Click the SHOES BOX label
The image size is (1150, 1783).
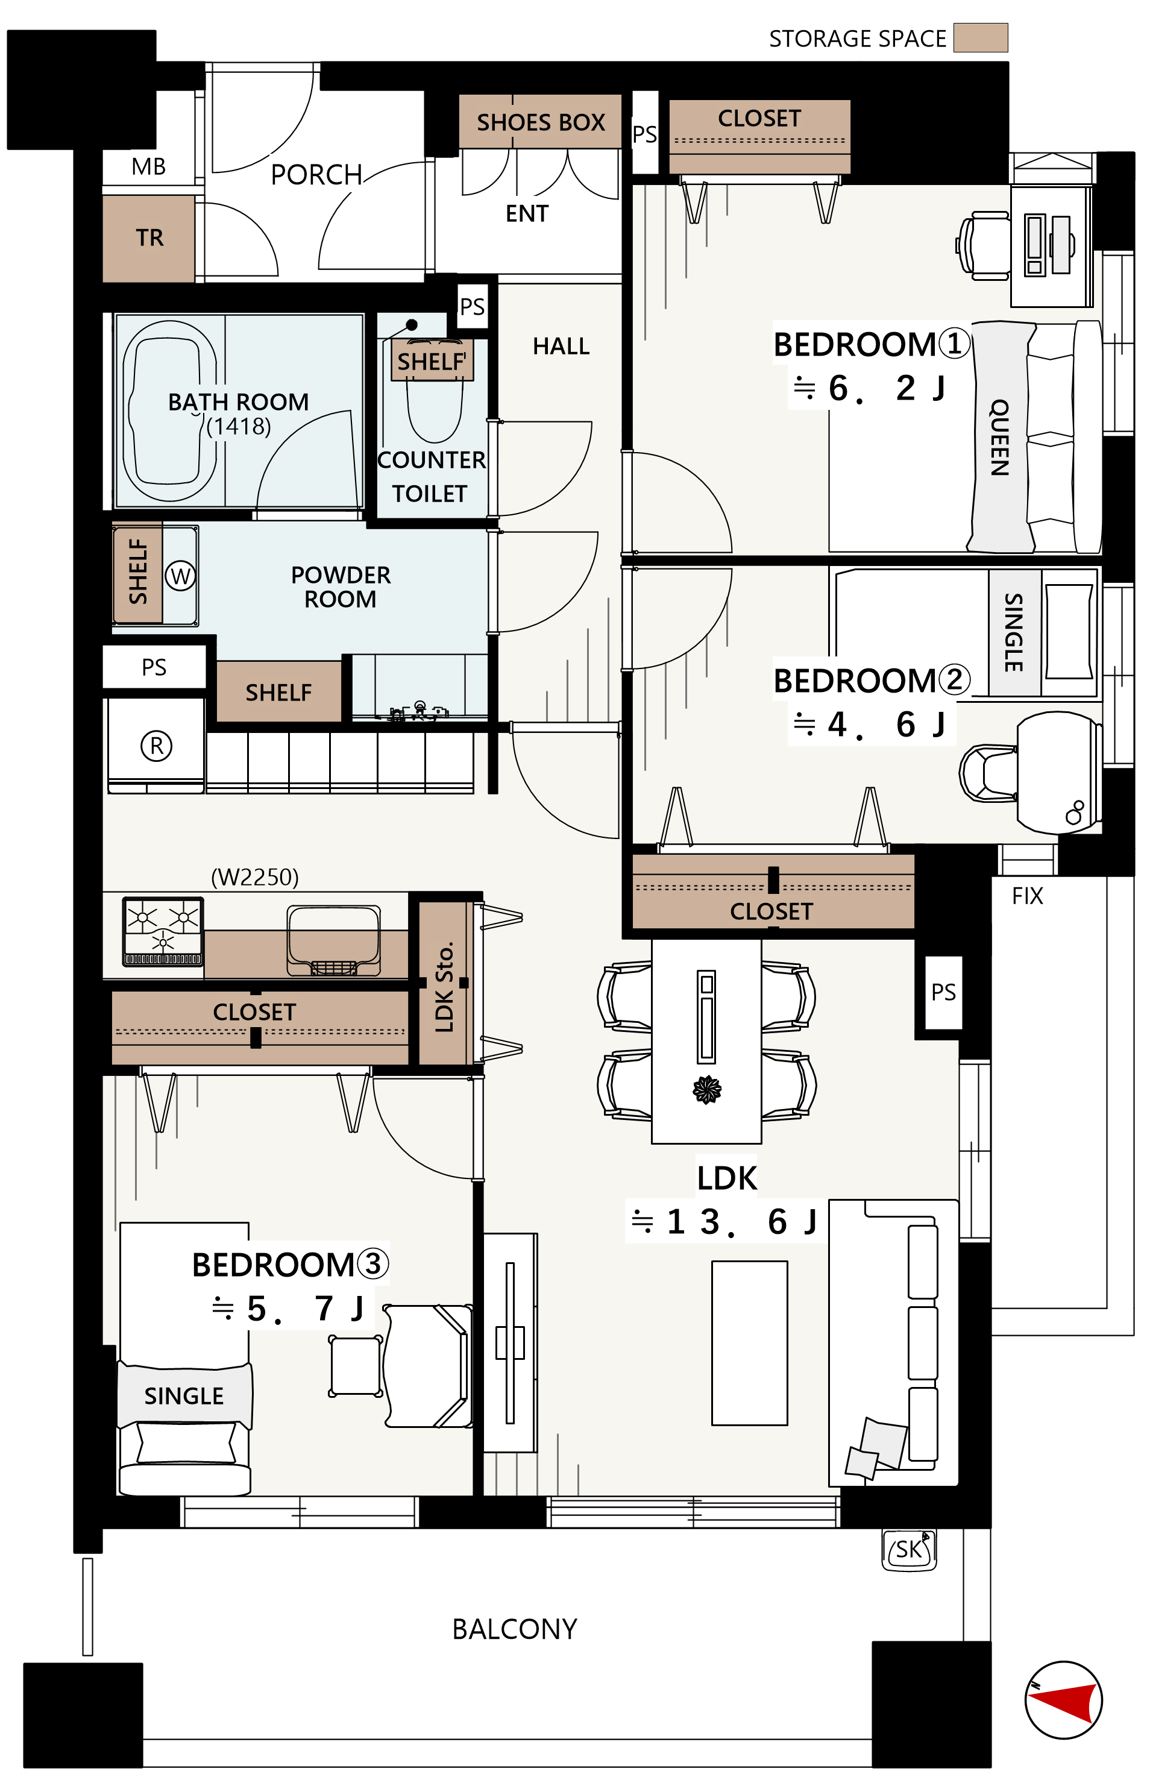541,122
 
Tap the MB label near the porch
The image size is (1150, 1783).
149,166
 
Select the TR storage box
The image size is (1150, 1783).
149,238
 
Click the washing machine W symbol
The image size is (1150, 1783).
180,576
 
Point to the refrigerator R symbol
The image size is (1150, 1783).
157,745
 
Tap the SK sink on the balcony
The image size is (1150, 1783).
909,1549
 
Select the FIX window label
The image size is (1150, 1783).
1028,896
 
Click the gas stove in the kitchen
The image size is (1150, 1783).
163,932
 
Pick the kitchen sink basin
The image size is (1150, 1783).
335,941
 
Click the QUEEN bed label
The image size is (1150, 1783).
999,438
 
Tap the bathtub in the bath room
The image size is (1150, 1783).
169,410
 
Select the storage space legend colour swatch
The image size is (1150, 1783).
981,37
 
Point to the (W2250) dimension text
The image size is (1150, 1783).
254,876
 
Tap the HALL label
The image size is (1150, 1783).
561,347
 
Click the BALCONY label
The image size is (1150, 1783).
515,1629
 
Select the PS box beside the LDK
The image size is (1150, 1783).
943,992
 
